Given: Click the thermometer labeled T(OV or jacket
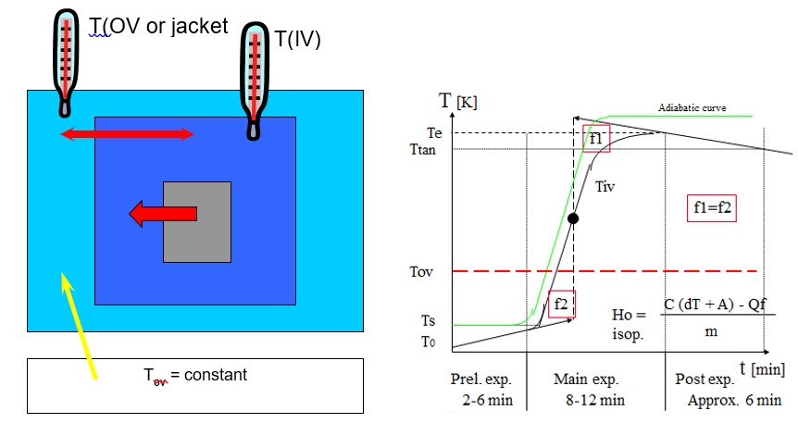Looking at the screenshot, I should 65,56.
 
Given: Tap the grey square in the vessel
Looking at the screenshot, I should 197,222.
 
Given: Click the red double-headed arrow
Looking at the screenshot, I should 127,135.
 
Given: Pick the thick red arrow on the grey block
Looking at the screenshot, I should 163,214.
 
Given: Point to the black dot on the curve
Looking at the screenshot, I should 573,219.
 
